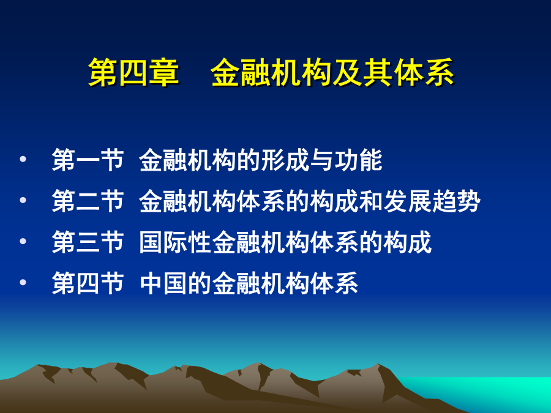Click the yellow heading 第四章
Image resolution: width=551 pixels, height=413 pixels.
click(133, 72)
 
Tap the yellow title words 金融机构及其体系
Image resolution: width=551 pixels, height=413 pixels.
click(332, 72)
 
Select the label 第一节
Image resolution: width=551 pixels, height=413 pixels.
click(88, 160)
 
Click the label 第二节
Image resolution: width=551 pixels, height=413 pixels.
click(88, 201)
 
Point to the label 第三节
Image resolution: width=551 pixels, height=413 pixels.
click(88, 242)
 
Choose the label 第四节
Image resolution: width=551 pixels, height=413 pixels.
click(88, 283)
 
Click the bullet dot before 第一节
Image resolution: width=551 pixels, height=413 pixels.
click(23, 159)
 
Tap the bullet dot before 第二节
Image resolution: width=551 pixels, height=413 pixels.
click(23, 200)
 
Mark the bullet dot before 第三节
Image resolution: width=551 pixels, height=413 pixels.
click(23, 241)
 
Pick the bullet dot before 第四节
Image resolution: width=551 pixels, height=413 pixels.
click(23, 282)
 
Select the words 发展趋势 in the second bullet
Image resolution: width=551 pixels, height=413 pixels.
click(432, 201)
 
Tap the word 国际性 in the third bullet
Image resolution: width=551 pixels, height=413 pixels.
click(175, 242)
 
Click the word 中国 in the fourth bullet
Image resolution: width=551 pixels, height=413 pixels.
click(163, 283)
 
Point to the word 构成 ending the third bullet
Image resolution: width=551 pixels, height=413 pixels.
click(408, 242)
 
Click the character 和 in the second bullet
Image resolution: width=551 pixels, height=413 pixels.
click(371, 201)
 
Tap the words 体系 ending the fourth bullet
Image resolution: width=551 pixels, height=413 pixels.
click(334, 283)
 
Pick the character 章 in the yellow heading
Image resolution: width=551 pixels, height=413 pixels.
click(163, 72)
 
